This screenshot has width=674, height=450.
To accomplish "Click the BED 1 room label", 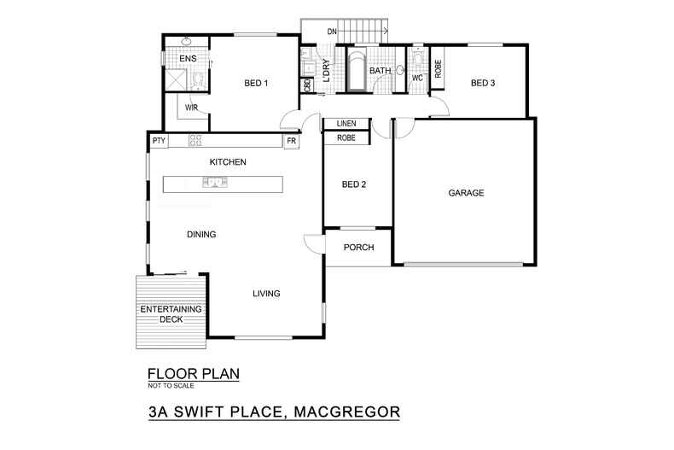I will [256, 83].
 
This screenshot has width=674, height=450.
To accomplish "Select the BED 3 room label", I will [483, 83].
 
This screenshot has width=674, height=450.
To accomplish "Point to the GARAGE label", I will [466, 193].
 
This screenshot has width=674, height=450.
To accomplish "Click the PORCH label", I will [359, 248].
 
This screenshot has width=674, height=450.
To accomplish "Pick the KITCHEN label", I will [229, 161].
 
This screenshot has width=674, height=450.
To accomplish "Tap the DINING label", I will [201, 234].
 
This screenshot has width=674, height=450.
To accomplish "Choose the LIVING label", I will [266, 294].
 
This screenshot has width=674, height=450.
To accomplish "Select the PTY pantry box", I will [159, 141].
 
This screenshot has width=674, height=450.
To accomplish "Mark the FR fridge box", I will [291, 141].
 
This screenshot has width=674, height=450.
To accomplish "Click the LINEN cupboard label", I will [346, 124].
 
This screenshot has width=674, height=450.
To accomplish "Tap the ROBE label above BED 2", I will [346, 137].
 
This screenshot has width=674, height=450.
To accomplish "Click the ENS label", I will [188, 59].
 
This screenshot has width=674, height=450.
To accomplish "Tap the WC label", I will [417, 78].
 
